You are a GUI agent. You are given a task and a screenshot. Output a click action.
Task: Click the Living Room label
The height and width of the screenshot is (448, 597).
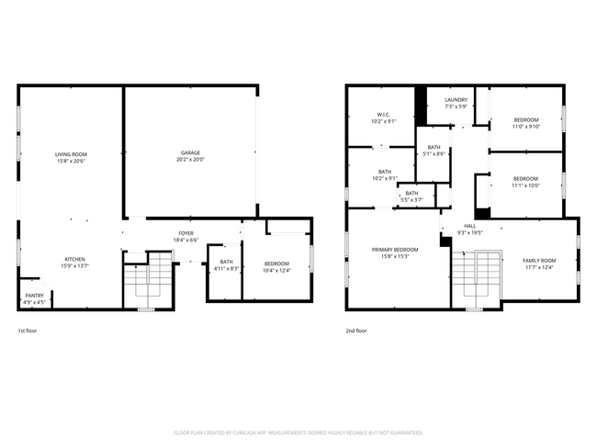pos(71,158)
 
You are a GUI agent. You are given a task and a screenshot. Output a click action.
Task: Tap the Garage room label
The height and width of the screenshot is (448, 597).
pos(190,156)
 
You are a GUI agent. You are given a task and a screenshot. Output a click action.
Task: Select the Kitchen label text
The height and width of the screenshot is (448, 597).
pos(75,262)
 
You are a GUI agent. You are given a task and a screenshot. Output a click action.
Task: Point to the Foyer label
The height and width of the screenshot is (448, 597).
pos(186,236)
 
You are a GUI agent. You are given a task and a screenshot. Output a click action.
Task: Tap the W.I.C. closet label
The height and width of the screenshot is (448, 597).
pos(384,118)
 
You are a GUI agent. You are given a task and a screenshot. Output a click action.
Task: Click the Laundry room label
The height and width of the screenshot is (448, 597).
pos(456,103)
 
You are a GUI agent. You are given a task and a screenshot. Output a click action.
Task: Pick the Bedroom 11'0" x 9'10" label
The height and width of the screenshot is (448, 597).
pos(526,123)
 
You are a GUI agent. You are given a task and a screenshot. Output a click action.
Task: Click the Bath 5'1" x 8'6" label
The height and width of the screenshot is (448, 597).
pos(434,151)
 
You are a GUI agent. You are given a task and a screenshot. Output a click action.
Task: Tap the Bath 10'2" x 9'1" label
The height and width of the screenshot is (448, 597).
pos(384,174)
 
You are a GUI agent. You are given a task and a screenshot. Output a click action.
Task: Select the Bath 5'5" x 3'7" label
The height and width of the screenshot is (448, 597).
pos(411,196)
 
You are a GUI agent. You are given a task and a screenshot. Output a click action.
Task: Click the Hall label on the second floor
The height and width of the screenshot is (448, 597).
pos(469,229)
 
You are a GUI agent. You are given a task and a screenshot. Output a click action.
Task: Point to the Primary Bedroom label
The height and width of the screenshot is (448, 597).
pos(395,252)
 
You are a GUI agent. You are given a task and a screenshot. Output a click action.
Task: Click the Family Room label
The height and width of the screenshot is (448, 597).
pos(539,263)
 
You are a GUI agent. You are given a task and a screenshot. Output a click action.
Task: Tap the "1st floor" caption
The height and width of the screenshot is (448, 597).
pos(28,330)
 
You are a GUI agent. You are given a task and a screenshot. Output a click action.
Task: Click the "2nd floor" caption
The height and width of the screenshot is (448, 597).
pos(356,330)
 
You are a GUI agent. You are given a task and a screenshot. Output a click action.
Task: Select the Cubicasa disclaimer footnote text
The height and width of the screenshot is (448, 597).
pos(298,431)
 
